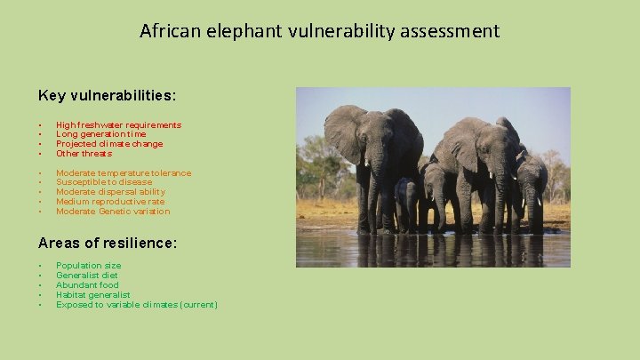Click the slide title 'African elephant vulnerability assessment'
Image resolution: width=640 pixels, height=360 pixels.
319,31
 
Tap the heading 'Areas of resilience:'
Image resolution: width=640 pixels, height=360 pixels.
107,242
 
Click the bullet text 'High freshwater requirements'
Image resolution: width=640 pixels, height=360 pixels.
118,125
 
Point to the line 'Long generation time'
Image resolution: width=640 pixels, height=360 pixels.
101,134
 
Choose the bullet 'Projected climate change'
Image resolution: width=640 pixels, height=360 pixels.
109,144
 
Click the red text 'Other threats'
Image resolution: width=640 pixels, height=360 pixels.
84,154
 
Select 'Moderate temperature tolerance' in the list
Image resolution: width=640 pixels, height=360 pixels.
123,173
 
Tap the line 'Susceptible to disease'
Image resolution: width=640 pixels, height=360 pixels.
102,182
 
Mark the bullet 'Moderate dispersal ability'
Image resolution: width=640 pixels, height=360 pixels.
110,192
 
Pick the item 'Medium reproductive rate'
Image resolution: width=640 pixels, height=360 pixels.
109,202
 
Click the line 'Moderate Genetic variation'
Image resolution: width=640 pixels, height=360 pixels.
112,212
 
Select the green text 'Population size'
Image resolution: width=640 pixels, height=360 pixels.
88,266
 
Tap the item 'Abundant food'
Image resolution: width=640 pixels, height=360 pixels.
86,285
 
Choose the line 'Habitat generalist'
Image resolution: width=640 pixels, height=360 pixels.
92,295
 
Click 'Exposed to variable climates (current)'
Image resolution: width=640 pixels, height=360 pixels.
136,305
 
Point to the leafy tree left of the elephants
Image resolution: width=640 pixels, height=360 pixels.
316,164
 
